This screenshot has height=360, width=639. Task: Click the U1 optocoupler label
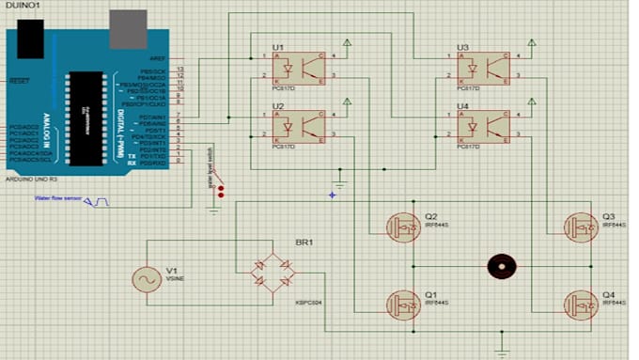pos(278,46)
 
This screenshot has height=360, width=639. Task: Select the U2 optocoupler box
pos(298,125)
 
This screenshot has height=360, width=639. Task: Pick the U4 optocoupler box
pos(483,125)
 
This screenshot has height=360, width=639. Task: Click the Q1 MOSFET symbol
pos(405,303)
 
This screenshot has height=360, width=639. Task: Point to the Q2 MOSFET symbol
pos(405,225)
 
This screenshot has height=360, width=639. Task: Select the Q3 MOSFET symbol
pos(580,226)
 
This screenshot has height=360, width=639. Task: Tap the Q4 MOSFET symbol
pos(580,304)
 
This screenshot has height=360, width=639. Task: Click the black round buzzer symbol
pos(502,266)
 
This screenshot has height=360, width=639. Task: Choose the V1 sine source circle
pos(148,279)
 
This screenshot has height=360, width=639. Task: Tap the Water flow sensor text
pos(57,199)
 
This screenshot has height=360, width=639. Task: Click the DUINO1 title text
pos(24,7)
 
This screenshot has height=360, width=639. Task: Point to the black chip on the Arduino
pos(86,117)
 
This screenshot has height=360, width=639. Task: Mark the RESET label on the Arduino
pos(19,81)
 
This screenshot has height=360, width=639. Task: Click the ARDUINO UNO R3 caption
pos(32,178)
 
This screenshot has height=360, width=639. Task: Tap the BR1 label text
pos(304,242)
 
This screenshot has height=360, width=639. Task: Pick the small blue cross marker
pos(333,196)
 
